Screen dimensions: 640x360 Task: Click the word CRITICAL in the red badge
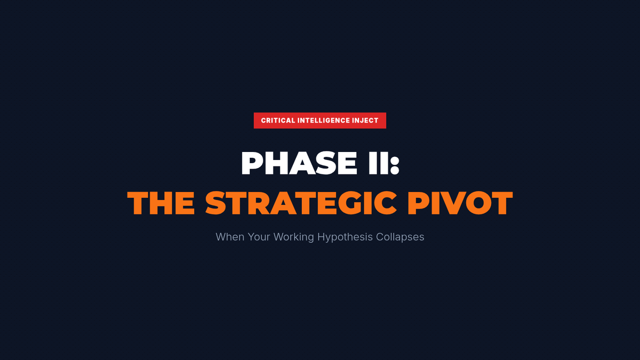(x=278, y=121)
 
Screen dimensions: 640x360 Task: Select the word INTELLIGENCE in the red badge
(x=323, y=121)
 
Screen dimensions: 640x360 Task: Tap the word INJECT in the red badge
(x=365, y=121)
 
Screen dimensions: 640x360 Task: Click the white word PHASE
(x=299, y=163)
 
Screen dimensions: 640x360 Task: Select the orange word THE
(x=162, y=203)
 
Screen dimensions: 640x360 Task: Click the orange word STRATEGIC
(x=301, y=203)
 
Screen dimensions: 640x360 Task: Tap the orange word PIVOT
(x=460, y=203)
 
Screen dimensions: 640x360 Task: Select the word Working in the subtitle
(x=294, y=237)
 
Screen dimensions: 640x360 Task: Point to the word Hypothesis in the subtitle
(x=345, y=237)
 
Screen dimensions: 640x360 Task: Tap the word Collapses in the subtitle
(x=400, y=237)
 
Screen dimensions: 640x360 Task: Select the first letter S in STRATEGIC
(x=215, y=203)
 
